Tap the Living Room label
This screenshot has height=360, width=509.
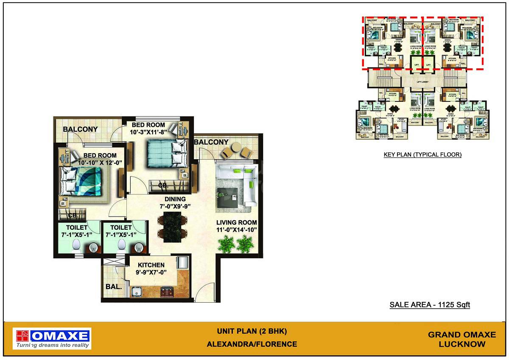point(236,222)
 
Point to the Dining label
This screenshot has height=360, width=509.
point(175,199)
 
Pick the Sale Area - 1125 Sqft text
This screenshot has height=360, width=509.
point(430,305)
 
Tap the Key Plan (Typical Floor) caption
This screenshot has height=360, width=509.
point(422,155)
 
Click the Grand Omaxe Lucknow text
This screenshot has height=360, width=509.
point(461,339)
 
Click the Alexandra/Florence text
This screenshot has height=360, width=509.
point(252,344)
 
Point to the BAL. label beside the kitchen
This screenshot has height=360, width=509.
point(114,287)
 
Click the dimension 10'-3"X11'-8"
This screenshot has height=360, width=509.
point(148,132)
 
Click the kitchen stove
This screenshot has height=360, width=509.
point(167,292)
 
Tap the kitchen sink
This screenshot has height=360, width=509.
point(137,292)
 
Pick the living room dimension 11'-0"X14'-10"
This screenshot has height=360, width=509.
point(236,230)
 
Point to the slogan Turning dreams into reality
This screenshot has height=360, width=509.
point(53,345)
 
